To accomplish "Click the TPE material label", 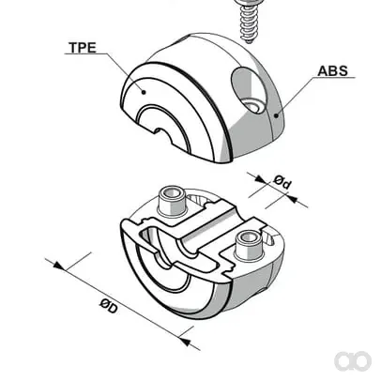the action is pyautogui.click(x=83, y=47).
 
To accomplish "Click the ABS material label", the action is pyautogui.click(x=333, y=71).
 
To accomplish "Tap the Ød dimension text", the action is pyautogui.click(x=282, y=183).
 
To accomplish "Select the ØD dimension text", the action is pyautogui.click(x=109, y=307).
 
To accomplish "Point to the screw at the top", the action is pyautogui.click(x=247, y=21).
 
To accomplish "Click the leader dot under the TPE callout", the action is pyautogui.click(x=144, y=92).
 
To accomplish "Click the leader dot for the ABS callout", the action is pyautogui.click(x=276, y=115).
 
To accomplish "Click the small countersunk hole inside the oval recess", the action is pyautogui.click(x=252, y=106).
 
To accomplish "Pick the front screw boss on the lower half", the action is pyautogui.click(x=249, y=246).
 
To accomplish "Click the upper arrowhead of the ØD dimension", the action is pyautogui.click(x=58, y=266).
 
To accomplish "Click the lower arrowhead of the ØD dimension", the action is pyautogui.click(x=185, y=342).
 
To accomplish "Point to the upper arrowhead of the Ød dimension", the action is pyautogui.click(x=259, y=179).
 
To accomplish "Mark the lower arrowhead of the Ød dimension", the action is pyautogui.click(x=291, y=198).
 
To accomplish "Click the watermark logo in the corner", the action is pyautogui.click(x=353, y=361).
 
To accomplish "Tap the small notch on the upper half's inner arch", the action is pyautogui.click(x=161, y=131).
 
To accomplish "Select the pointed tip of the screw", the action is pyautogui.click(x=249, y=41).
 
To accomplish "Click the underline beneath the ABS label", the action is pyautogui.click(x=334, y=77).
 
